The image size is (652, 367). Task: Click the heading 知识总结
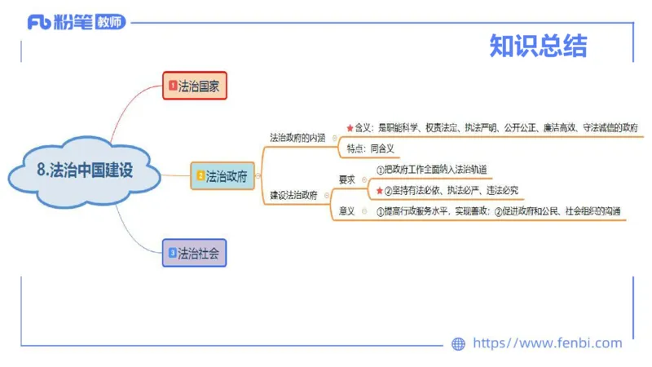coord(538,46)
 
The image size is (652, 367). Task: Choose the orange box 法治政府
coord(222,175)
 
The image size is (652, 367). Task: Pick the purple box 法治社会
coord(193,253)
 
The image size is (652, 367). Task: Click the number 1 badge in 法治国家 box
coord(172,85)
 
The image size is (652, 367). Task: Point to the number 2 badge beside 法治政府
coord(200,175)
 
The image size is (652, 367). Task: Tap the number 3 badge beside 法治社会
coord(172,253)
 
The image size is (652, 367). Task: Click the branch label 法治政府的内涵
coord(297,138)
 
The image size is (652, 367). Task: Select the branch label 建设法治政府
coord(295,196)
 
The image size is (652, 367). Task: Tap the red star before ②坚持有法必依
coord(379,190)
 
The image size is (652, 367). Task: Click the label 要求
coord(347,179)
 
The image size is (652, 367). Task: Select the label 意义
coord(347,211)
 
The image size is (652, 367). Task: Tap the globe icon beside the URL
coord(458,344)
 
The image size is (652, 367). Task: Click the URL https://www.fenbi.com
coord(547,343)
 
